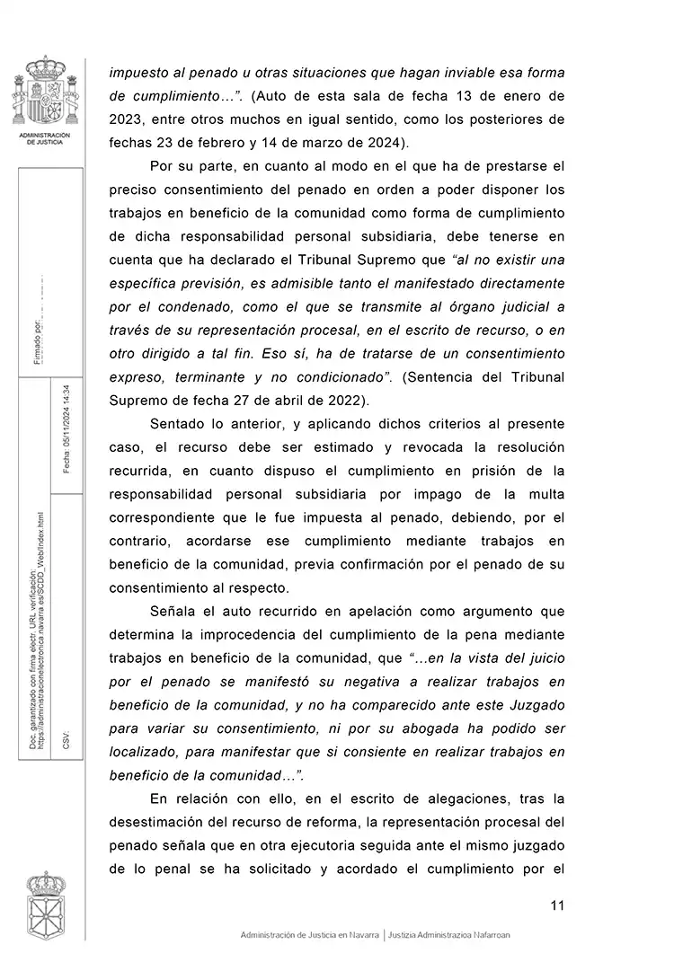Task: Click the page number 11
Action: [x=556, y=904]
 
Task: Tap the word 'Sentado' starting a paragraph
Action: [x=178, y=422]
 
